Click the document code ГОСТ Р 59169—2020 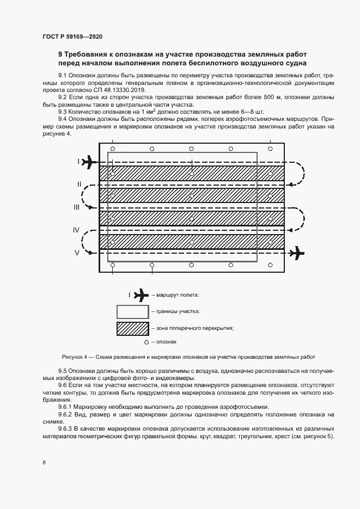(x=72, y=36)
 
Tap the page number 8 (x=44, y=462)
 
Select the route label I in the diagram (x=78, y=161)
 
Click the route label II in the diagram (x=78, y=185)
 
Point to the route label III (x=77, y=207)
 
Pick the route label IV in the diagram (x=77, y=230)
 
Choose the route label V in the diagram (x=77, y=253)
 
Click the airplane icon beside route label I (x=90, y=162)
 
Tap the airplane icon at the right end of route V (x=296, y=253)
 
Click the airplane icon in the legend (x=140, y=295)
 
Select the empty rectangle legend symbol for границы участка (x=132, y=311)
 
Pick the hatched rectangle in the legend (x=132, y=328)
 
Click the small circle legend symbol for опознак (x=146, y=342)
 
